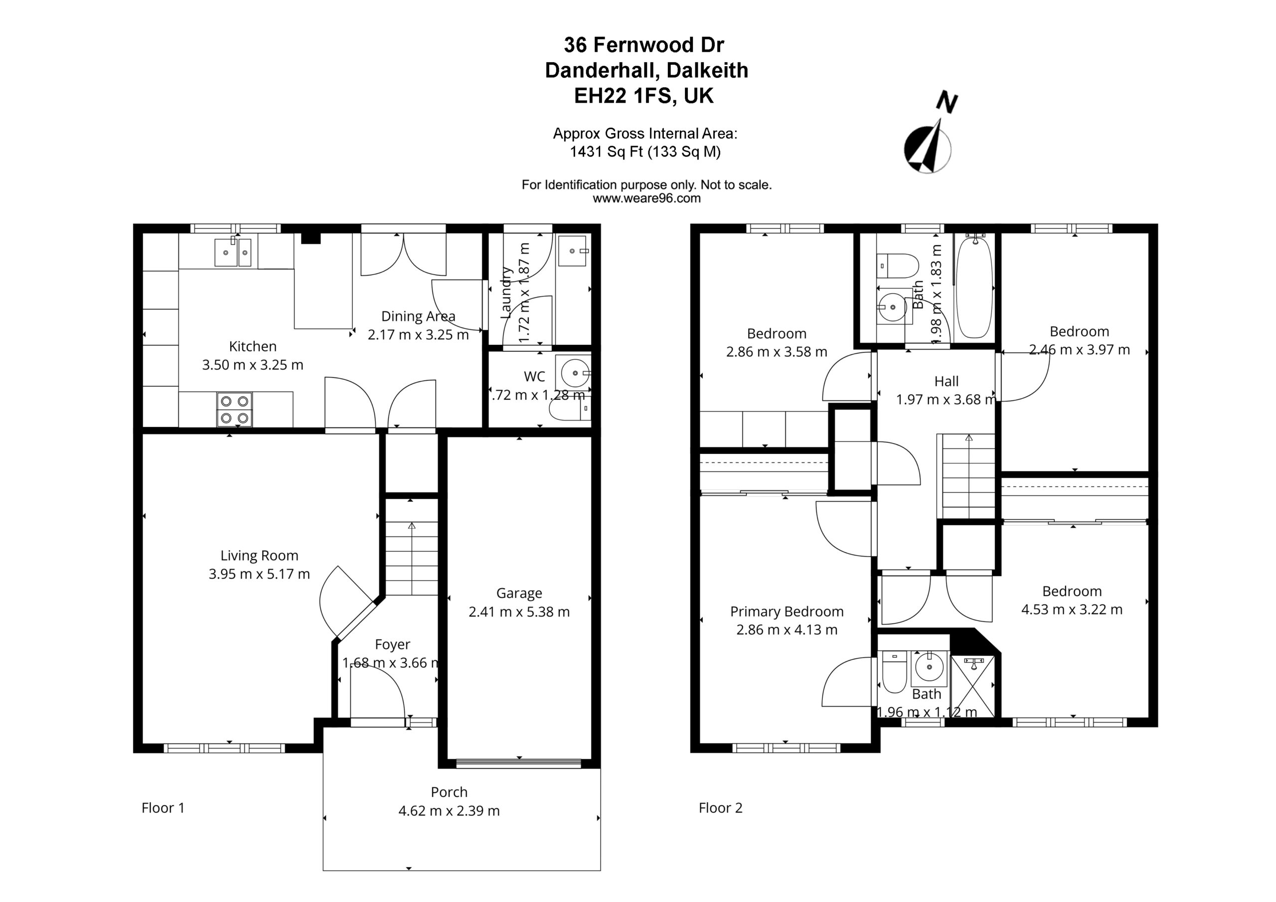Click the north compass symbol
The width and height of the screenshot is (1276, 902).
929,139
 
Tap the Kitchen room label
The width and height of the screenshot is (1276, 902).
252,346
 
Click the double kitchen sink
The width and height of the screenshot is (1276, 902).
233,252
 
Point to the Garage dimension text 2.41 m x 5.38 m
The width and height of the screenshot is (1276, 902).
519,612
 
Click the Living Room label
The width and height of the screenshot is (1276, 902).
259,556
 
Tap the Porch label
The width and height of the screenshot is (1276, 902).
449,792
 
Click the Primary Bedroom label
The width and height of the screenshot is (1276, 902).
787,611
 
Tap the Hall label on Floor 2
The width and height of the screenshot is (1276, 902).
946,381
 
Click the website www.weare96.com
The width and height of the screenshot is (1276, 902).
646,198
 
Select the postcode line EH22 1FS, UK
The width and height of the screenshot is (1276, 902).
643,96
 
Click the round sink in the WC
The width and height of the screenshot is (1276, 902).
575,373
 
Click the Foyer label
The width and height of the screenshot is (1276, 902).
392,644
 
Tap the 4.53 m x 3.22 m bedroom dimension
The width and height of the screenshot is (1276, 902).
1072,609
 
